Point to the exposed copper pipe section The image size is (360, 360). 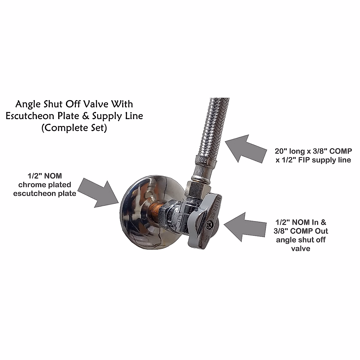[156, 207]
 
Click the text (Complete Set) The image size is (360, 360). [74, 128]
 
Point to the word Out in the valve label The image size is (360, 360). [322, 231]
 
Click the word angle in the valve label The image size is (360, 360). [286, 240]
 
